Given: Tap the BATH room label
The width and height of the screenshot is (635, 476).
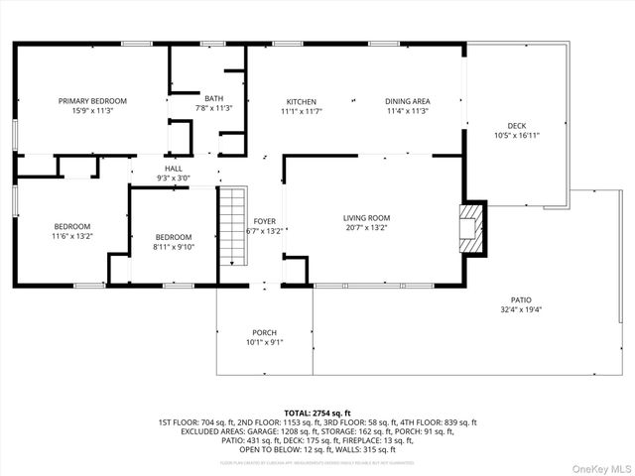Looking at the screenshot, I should pos(214,98).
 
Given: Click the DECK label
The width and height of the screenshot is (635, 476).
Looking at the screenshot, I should pos(517,126).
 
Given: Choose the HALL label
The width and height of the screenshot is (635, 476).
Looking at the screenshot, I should pos(174,170).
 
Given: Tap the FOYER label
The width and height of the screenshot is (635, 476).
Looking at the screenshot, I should pos(264,221).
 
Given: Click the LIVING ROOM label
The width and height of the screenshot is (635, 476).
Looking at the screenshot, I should pos(367,218).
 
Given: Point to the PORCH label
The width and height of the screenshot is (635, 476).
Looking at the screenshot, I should pos(264,332).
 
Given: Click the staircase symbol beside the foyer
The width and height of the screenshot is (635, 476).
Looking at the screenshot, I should pos(231,226).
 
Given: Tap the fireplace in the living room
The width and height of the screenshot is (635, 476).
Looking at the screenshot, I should pos(472,227).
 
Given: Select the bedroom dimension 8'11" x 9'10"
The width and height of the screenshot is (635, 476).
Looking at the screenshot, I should pos(174,247).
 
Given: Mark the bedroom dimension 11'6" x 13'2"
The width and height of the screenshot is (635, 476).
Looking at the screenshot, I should pos(71,236).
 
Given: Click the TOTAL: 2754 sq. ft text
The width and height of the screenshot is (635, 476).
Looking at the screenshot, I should pos(317,413).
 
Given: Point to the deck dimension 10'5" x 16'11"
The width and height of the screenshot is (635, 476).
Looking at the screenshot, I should pos(517,136).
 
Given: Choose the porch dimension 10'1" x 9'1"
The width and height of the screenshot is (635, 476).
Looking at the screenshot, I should pos(264,342).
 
